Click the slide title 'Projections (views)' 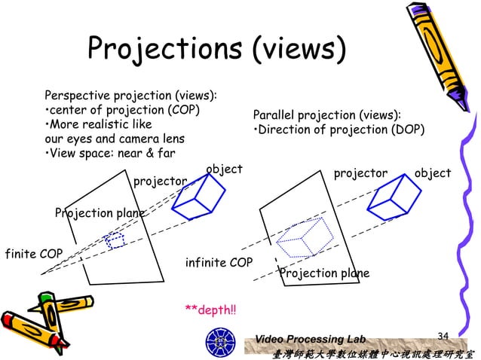pyautogui.click(x=217, y=49)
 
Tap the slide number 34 pyautogui.click(x=443, y=334)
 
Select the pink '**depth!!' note pyautogui.click(x=210, y=309)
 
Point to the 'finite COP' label pyautogui.click(x=33, y=253)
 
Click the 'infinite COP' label pyautogui.click(x=219, y=262)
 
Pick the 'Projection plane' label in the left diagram pyautogui.click(x=100, y=213)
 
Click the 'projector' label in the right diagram pyautogui.click(x=360, y=174)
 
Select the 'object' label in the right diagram pyautogui.click(x=432, y=174)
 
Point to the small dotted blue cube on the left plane pyautogui.click(x=115, y=240)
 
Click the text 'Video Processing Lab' pyautogui.click(x=310, y=340)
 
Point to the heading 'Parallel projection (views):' pyautogui.click(x=326, y=115)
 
